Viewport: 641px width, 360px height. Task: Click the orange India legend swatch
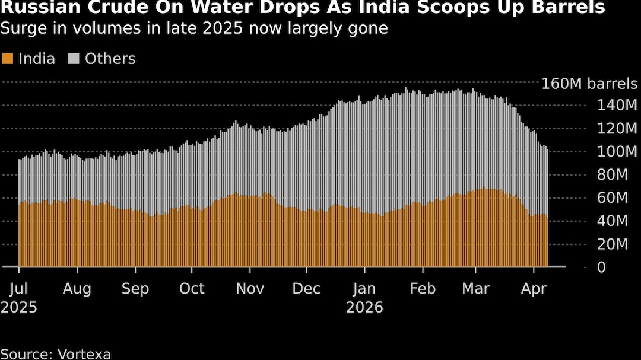point(8,59)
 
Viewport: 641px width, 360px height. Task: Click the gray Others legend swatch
point(74,59)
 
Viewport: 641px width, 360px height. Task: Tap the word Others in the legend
point(110,59)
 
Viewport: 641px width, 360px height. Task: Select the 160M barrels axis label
point(589,84)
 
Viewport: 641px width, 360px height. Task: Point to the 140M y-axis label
point(618,106)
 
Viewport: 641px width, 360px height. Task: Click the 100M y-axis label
point(618,152)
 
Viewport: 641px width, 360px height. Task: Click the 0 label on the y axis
point(602,267)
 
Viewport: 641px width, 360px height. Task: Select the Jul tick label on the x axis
point(20,289)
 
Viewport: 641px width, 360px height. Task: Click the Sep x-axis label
point(135,289)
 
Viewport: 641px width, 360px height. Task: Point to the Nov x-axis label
point(250,289)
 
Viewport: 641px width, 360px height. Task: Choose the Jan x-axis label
point(364,289)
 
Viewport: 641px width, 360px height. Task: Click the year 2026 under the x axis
point(364,308)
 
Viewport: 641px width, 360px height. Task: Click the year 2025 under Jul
point(20,308)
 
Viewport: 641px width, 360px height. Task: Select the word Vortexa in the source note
point(84,354)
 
